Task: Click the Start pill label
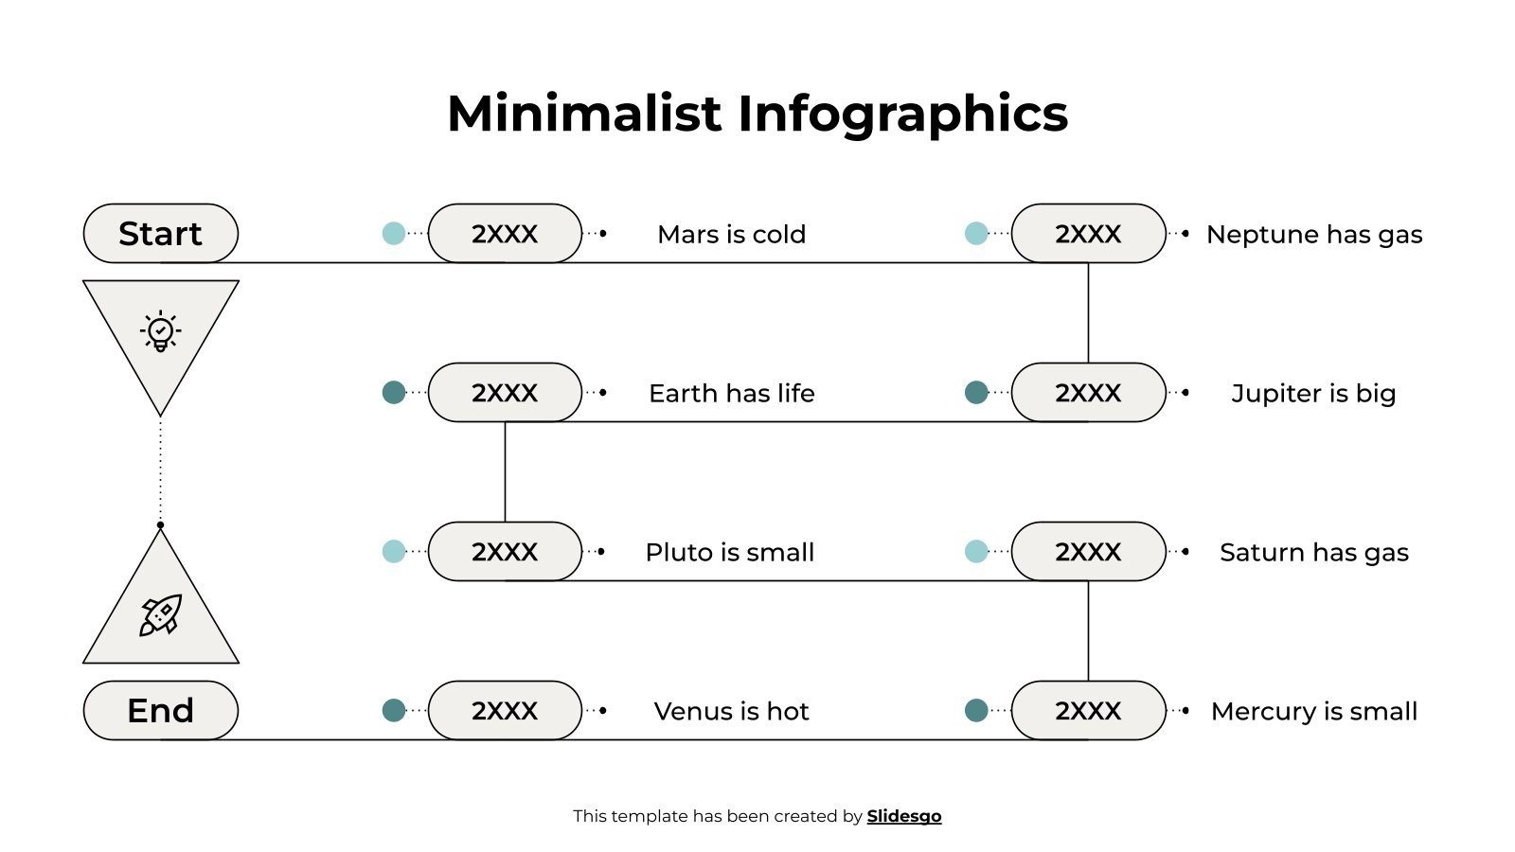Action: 160,233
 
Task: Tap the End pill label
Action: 160,710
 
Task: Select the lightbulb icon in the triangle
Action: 160,330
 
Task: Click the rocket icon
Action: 160,614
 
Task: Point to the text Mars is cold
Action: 731,234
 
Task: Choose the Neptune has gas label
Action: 1313,234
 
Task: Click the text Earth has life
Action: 731,393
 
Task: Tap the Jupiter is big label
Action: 1313,393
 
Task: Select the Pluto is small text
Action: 729,552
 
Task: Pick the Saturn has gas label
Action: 1313,552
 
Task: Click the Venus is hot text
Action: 731,711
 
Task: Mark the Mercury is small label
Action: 1313,711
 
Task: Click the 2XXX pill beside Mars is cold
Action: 505,233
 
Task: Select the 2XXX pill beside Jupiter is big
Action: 1088,392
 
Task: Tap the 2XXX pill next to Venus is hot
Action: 505,710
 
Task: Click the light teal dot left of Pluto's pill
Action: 394,551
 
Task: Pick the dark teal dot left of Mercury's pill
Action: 976,710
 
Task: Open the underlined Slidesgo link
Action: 903,816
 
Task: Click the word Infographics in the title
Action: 902,114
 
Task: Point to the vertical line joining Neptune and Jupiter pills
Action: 1088,312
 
